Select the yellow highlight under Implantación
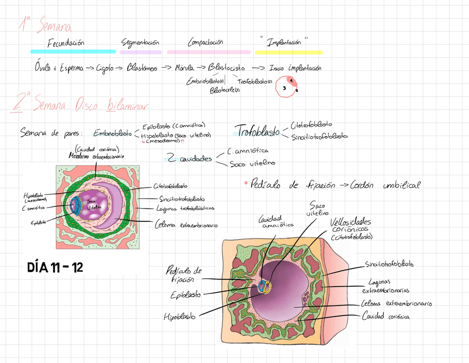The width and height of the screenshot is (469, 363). click(x=289, y=52)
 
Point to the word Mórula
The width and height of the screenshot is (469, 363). click(x=184, y=68)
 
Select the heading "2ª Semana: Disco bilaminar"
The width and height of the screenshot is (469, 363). click(x=83, y=104)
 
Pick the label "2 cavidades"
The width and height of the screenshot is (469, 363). click(x=189, y=159)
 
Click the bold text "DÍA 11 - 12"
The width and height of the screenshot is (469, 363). click(x=55, y=268)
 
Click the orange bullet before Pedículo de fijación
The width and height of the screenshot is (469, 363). click(x=244, y=183)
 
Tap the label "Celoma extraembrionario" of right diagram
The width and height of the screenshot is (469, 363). click(x=396, y=304)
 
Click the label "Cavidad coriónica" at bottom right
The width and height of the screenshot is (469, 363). click(x=386, y=317)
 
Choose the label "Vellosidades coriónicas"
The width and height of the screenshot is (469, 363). click(x=351, y=226)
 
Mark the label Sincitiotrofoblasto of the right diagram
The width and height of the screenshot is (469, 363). click(x=389, y=265)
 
